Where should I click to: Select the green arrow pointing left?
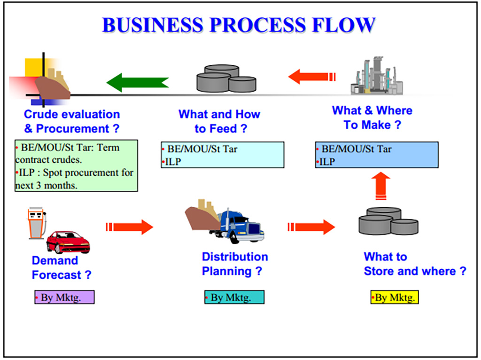137,82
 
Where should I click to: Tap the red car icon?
68,242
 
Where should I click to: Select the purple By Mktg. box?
64,297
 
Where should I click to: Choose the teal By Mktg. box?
234,297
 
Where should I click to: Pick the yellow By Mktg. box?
394,297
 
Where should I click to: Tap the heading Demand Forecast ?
62,268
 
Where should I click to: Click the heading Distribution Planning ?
234,264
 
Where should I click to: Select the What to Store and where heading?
415,264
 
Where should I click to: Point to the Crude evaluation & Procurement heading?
72,121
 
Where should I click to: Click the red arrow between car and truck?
130,227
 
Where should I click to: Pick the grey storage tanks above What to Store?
388,221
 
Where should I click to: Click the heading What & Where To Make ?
372,117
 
